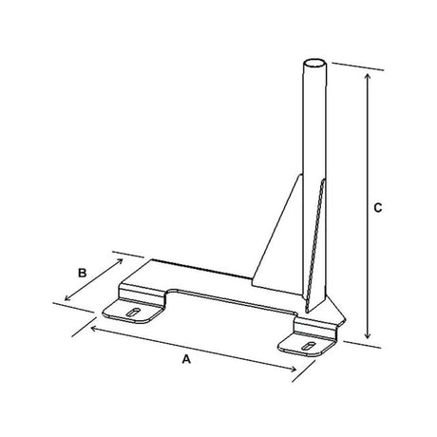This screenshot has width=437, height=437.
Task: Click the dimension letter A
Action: coord(186,361)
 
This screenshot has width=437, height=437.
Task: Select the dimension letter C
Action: coord(378,206)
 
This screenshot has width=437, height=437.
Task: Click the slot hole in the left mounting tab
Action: coord(136,311)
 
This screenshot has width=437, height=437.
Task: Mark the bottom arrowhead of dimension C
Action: coord(368,337)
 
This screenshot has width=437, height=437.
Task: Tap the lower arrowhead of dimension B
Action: coord(66,302)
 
